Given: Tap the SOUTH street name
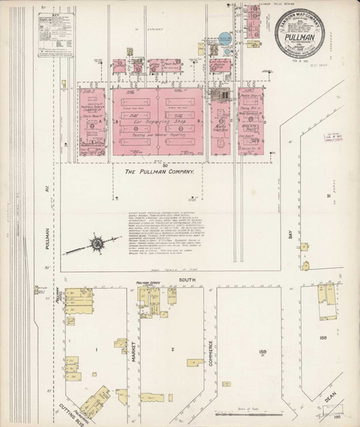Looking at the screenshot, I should tap(186, 280).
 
